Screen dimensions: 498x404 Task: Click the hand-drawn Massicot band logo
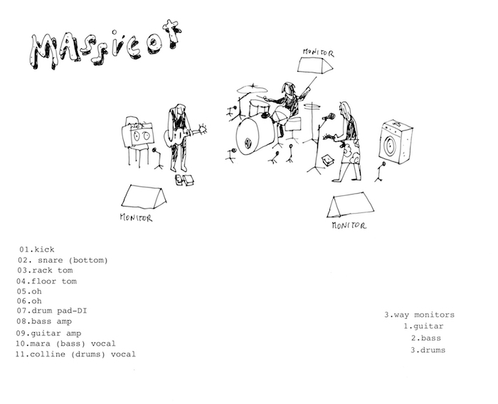tap(105, 45)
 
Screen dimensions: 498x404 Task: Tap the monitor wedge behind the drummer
tap(314, 65)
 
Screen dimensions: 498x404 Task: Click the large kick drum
tap(254, 136)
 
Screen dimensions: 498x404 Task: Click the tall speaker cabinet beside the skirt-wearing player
tap(395, 141)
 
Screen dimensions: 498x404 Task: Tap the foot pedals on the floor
tap(184, 180)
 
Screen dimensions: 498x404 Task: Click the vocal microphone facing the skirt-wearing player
tap(329, 117)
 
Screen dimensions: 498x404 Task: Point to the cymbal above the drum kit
tap(252, 89)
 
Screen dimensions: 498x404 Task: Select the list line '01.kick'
tap(37, 249)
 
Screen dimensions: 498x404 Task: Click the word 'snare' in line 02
tap(51, 260)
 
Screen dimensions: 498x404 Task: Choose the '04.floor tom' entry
tap(47, 281)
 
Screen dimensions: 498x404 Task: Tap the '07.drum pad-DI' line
tap(52, 311)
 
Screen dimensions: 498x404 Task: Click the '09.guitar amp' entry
tap(48, 333)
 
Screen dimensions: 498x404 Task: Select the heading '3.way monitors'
tap(419, 315)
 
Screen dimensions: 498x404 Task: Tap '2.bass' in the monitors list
tap(426, 338)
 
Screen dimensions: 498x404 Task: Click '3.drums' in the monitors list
tap(428, 350)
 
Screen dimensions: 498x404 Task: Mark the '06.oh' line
tap(29, 301)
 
